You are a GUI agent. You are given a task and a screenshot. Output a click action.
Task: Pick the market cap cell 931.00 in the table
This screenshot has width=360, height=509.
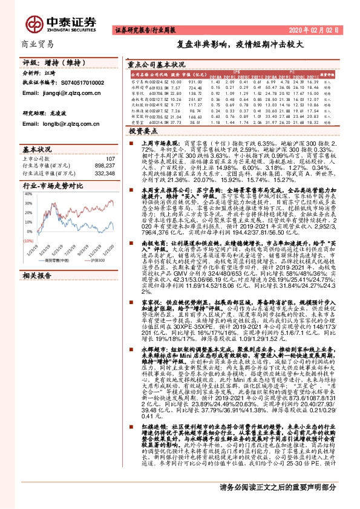click(x=195, y=80)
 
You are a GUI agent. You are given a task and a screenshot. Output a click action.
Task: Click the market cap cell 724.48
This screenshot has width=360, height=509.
click(x=195, y=87)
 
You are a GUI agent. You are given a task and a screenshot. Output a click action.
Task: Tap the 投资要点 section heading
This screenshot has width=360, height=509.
click(x=144, y=130)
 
